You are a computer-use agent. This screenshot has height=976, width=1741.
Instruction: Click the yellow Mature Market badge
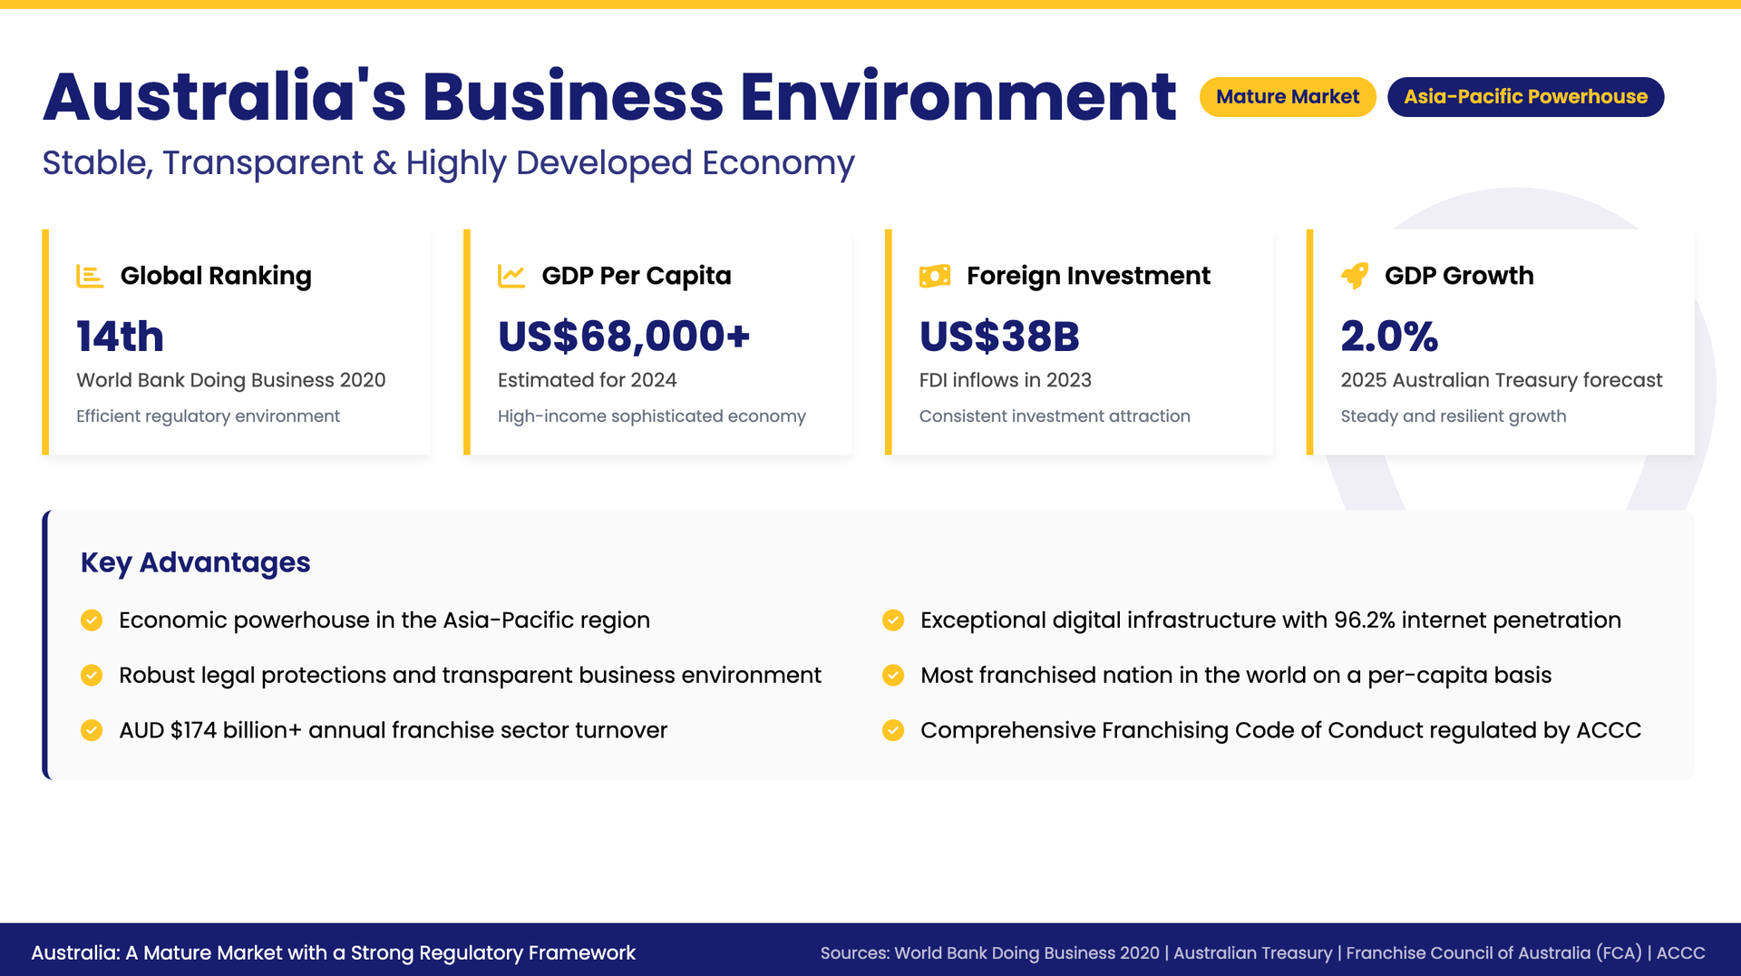click(1288, 97)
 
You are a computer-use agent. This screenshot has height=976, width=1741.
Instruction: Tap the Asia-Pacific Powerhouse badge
click(1525, 97)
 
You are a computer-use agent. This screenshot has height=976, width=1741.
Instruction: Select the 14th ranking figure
click(120, 337)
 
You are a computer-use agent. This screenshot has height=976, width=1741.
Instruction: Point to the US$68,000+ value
click(624, 337)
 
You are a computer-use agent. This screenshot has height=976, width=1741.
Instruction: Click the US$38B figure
click(999, 337)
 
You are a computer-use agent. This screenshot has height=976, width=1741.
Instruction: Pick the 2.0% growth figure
click(1389, 337)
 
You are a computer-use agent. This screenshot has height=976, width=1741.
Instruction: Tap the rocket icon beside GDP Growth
click(1355, 276)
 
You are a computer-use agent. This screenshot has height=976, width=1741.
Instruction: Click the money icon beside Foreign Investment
click(935, 276)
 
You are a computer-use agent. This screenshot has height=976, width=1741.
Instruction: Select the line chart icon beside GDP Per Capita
click(511, 276)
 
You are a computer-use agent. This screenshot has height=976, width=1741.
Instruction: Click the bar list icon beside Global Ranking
click(90, 276)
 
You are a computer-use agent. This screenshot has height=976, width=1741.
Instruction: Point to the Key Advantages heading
click(196, 562)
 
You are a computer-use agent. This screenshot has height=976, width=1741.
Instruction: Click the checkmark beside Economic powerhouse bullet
click(92, 620)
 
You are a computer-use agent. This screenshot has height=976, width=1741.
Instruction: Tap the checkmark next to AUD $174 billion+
click(92, 730)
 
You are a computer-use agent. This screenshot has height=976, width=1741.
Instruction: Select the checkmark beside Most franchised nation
click(893, 675)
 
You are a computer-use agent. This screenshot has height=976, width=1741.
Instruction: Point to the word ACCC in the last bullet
click(1609, 730)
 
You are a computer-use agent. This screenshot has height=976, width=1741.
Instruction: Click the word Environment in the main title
click(958, 97)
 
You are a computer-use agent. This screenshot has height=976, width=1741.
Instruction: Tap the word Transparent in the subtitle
click(263, 163)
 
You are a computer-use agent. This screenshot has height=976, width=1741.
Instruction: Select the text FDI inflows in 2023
click(1006, 380)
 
